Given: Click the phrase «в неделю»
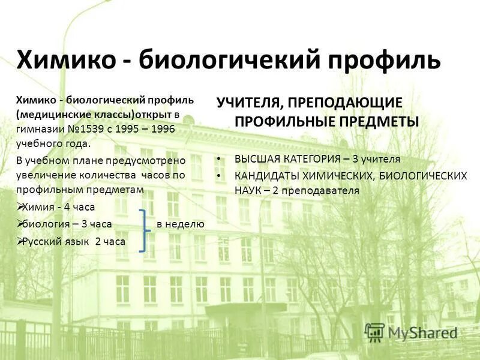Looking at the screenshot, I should tap(180, 224).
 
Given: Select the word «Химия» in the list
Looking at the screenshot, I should tap(37, 207).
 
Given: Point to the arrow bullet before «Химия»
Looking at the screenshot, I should tap(20, 207).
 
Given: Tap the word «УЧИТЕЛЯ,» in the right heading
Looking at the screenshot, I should tap(249, 103).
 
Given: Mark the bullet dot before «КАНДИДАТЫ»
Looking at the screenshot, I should tap(220, 176).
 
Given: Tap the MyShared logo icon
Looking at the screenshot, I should tap(375, 331).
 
